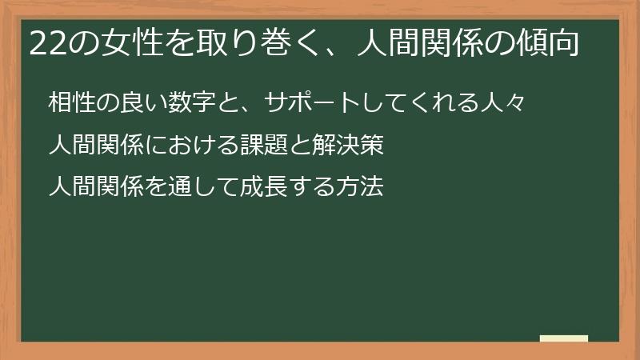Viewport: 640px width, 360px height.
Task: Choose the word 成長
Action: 268,187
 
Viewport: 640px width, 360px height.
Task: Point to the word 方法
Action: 359,187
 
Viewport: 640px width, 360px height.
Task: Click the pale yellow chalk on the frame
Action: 564,338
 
